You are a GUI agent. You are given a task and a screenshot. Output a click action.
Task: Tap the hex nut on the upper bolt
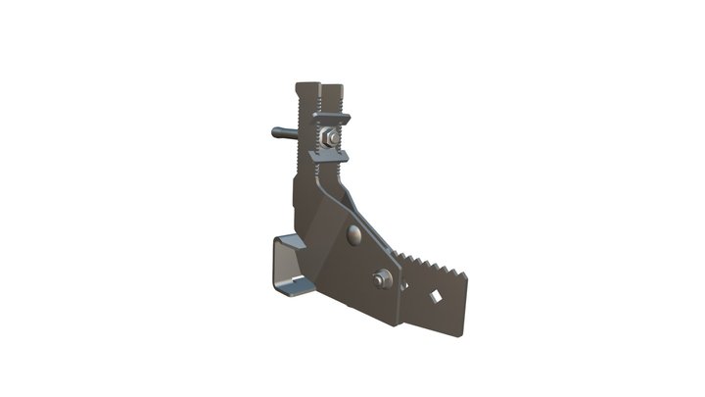(x=333, y=138)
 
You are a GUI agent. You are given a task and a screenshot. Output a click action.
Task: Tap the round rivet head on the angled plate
(x=353, y=235)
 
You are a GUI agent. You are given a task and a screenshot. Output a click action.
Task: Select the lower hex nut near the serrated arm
(x=382, y=279)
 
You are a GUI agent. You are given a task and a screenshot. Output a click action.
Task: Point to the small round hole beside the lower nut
(x=403, y=285)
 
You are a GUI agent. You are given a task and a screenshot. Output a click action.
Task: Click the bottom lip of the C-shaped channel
(x=294, y=288)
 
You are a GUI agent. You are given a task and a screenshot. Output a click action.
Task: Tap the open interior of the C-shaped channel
(x=289, y=263)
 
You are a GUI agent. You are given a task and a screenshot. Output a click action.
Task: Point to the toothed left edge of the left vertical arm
(x=298, y=127)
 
